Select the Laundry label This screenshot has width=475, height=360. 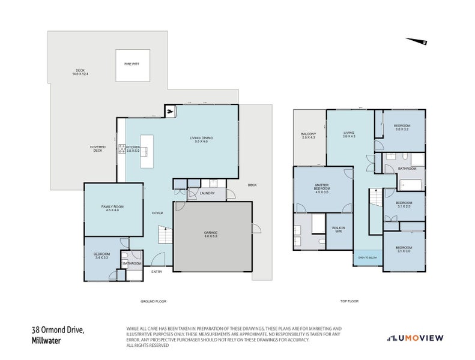(x=207, y=193)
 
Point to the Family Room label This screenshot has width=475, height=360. (x=113, y=208)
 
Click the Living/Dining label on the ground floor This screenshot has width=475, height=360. (x=201, y=140)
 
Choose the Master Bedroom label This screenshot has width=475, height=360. (x=322, y=188)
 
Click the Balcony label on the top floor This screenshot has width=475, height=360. (x=309, y=136)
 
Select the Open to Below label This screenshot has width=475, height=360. (x=367, y=257)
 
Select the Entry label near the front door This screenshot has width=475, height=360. (x=157, y=272)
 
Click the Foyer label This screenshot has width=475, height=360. (x=157, y=212)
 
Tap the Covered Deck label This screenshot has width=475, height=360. (x=97, y=148)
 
